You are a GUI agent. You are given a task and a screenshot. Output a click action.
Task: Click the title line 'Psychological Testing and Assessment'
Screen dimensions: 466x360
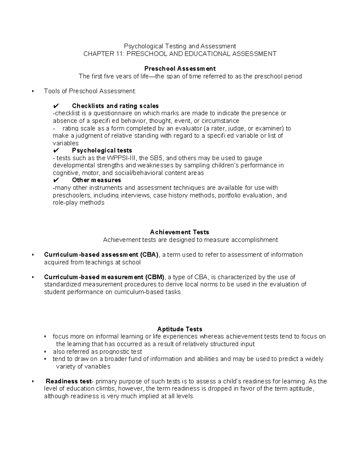pyautogui.click(x=180, y=46)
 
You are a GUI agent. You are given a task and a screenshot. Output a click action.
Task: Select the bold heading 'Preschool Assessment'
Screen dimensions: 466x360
pyautogui.click(x=180, y=69)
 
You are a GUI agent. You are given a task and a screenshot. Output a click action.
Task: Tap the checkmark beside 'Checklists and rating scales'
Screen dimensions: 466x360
pyautogui.click(x=56, y=106)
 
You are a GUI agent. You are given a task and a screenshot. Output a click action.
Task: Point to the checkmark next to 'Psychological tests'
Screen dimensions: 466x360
pyautogui.click(x=56, y=151)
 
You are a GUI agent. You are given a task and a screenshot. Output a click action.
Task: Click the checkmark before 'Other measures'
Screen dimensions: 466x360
pyautogui.click(x=56, y=180)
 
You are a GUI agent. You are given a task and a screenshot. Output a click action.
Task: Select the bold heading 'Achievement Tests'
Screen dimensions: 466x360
pyautogui.click(x=179, y=232)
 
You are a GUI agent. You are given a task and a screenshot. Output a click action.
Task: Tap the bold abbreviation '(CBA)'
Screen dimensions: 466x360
pyautogui.click(x=149, y=255)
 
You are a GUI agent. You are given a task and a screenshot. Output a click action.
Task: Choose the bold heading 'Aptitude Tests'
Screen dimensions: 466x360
pyautogui.click(x=180, y=329)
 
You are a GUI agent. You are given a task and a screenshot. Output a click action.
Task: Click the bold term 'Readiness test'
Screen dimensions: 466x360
pyautogui.click(x=68, y=381)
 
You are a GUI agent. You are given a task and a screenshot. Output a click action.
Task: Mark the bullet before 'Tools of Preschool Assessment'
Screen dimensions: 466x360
pyautogui.click(x=33, y=91)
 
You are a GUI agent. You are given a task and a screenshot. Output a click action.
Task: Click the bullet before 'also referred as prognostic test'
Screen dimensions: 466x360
pyautogui.click(x=45, y=352)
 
